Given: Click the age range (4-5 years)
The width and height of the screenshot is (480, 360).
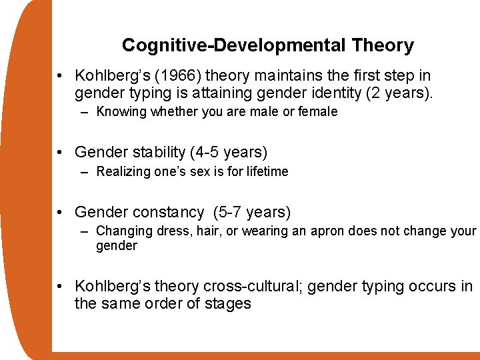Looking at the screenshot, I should [229, 153].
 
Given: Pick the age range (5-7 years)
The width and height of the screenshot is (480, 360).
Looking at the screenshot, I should [252, 212].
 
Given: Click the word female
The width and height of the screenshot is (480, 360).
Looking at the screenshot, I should [317, 111].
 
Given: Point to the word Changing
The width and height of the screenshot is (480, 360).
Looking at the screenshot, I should [123, 231].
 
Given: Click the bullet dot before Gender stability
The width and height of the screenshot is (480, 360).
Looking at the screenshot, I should [61, 153].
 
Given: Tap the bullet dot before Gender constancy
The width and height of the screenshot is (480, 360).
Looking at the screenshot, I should [61, 212].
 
